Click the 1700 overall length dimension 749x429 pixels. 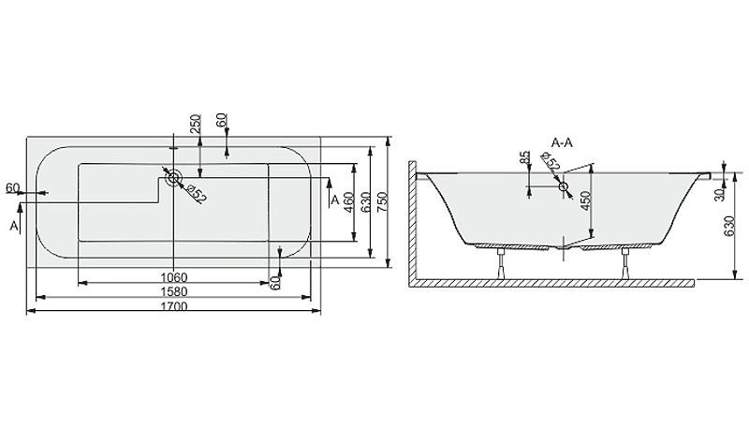[x=174, y=306]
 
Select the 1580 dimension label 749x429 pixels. [x=174, y=292]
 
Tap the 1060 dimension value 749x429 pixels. [x=174, y=277]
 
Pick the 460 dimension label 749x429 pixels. [x=348, y=203]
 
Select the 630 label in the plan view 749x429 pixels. [x=366, y=203]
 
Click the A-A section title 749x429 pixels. [x=562, y=142]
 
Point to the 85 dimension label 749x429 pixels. [x=525, y=159]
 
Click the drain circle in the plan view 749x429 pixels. [x=173, y=178]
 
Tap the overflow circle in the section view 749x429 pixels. [x=565, y=186]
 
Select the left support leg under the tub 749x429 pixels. [x=501, y=263]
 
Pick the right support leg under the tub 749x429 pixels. [x=625, y=263]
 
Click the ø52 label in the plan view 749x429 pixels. [x=196, y=195]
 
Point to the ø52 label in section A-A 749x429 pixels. [x=550, y=162]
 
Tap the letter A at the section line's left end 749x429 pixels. [x=14, y=226]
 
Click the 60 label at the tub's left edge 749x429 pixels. [x=12, y=188]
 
